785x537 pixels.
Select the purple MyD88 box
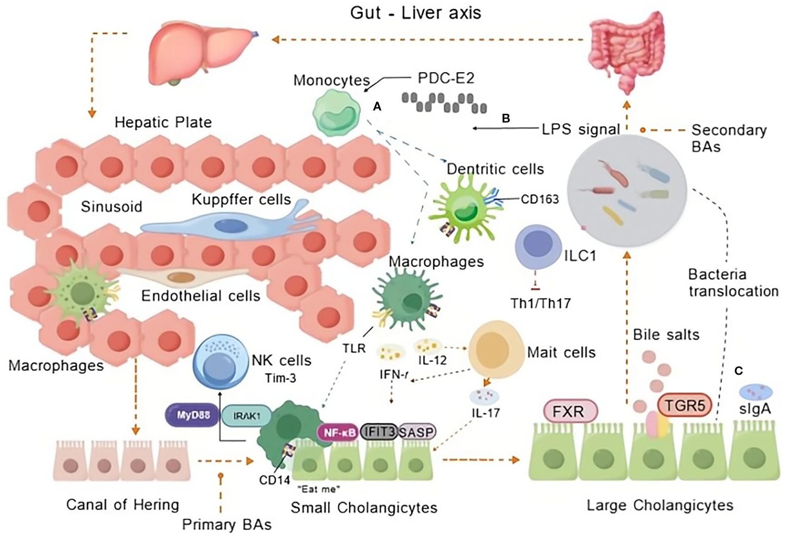click(x=192, y=415)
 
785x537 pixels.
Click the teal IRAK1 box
click(x=246, y=416)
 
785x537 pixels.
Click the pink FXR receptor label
click(x=570, y=412)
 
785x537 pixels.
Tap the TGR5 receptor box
click(x=684, y=405)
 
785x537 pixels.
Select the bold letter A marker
click(x=377, y=107)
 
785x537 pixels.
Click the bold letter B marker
click(x=505, y=118)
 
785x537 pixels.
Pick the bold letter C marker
click(x=738, y=370)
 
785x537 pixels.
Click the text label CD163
click(x=540, y=199)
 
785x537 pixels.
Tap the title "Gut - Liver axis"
click(x=415, y=13)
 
